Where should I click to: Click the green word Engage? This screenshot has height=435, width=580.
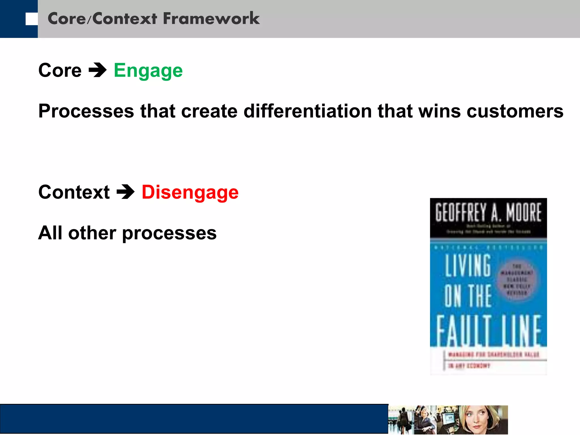tap(148, 71)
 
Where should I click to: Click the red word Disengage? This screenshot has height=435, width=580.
tap(190, 193)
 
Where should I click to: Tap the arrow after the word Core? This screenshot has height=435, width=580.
tap(97, 70)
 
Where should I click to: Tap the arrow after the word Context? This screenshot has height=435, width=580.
tap(125, 192)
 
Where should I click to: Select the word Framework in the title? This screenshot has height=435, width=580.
tap(211, 19)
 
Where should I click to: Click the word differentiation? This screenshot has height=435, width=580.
tap(308, 111)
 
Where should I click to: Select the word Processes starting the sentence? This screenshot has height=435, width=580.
tap(86, 111)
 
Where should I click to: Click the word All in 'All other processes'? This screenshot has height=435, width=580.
tap(50, 233)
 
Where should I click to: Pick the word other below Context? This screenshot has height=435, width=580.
tap(92, 233)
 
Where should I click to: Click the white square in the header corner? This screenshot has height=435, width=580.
tap(31, 19)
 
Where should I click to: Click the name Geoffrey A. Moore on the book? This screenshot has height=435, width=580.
tap(488, 212)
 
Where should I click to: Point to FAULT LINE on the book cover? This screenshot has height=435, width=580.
tap(488, 330)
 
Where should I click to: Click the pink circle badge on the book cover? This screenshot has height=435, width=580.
tap(517, 280)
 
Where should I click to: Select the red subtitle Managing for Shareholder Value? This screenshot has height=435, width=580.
tap(493, 355)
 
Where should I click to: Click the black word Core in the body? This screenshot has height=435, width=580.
tap(60, 70)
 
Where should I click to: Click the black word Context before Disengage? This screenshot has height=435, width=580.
tap(74, 192)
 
